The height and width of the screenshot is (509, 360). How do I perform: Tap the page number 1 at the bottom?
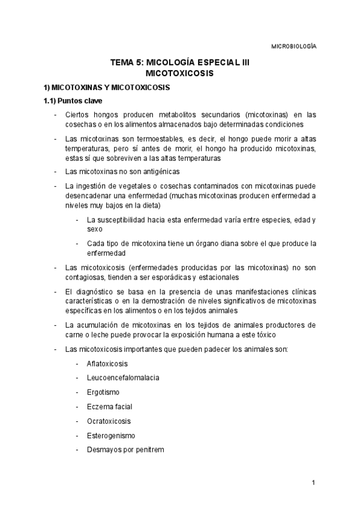tap(313, 483)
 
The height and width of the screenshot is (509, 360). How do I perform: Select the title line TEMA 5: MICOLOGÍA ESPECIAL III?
tap(180, 62)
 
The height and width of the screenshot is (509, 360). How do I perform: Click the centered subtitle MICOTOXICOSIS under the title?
tap(180, 73)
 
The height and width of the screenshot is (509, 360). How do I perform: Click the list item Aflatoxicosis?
tap(107, 364)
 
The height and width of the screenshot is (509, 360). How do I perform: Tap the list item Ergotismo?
tap(103, 392)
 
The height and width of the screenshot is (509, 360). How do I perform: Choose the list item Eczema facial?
tap(109, 406)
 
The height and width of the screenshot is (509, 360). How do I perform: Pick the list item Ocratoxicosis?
tap(109, 421)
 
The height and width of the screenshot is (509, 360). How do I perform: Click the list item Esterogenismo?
tap(111, 435)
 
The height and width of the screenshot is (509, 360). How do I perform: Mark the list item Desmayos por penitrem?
tap(125, 450)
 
